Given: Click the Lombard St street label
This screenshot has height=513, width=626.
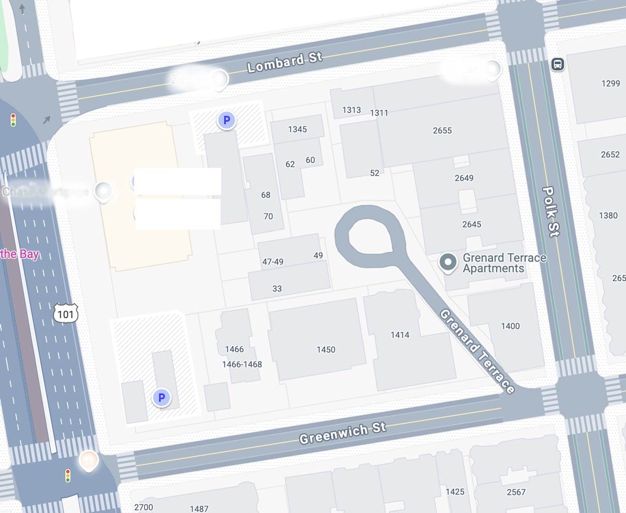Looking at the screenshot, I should click(285, 63).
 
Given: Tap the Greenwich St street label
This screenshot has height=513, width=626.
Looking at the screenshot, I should click(342, 433).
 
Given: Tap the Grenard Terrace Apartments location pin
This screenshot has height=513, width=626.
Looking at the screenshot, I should click(448, 263).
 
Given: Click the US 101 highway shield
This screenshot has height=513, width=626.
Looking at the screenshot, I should click(66, 313).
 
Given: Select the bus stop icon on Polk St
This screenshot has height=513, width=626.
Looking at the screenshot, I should click(558, 65).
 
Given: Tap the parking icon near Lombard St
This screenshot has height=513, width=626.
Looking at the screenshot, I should click(226, 121).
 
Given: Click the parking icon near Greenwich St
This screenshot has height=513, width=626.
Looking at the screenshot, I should click(161, 398).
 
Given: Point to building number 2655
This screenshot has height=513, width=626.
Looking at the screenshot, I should click(442, 130).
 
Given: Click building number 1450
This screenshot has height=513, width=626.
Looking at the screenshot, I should click(326, 350).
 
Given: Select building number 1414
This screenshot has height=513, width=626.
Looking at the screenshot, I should click(400, 335).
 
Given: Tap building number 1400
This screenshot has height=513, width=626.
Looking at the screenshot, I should click(510, 326).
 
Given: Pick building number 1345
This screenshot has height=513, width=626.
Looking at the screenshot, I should click(297, 129).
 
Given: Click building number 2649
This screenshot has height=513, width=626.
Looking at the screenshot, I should click(464, 178).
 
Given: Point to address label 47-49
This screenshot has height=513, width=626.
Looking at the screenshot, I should click(273, 262).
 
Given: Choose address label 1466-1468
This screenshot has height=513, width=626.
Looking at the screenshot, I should click(242, 364).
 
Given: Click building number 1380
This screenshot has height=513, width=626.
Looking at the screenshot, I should click(608, 216).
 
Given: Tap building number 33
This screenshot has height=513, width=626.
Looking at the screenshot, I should click(277, 289).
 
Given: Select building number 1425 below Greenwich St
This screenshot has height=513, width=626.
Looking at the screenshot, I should click(455, 492).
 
